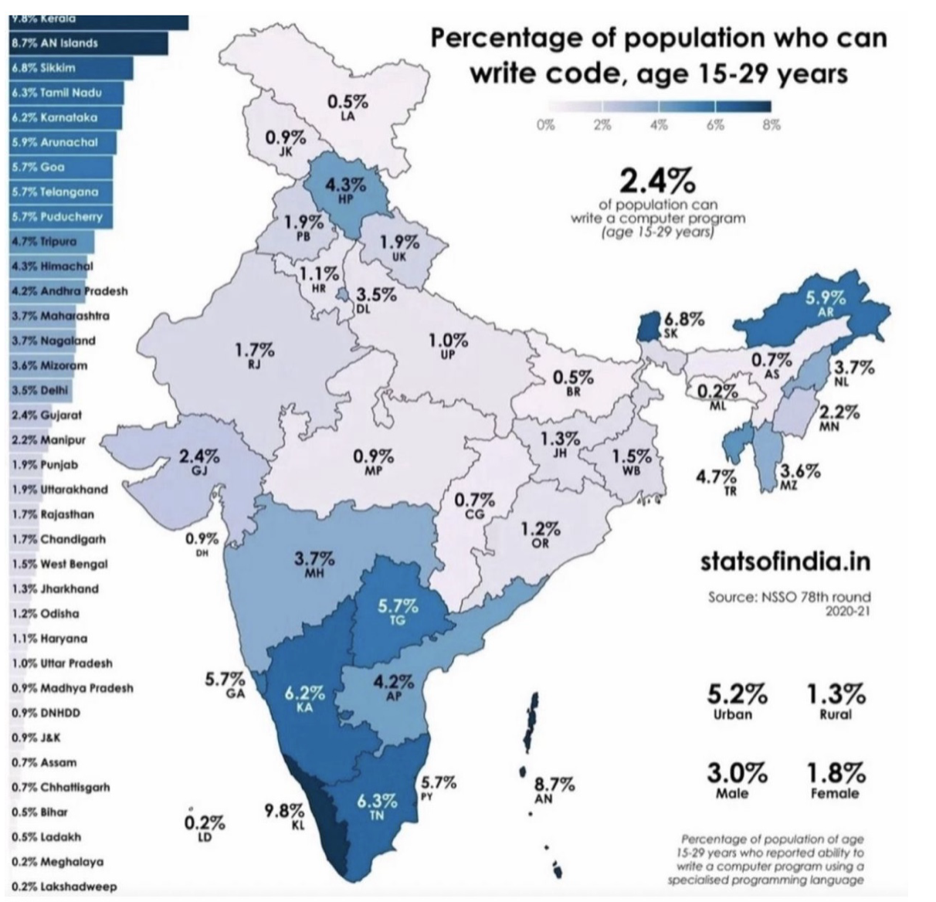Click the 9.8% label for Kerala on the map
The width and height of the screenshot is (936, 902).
284,816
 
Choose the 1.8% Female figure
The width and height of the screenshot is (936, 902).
836,779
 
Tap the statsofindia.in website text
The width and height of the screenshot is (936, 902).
785,561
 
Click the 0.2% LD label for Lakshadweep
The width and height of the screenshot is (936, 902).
205,826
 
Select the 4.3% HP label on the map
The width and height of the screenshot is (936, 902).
345,190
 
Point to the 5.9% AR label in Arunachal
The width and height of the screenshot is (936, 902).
825,302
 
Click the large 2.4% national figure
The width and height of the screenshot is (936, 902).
657,182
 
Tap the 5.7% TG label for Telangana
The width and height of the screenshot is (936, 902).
398,610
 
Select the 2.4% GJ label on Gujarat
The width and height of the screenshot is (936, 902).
199,460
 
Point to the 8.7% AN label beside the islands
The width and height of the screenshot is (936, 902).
554,789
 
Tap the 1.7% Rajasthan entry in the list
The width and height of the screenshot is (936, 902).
53,514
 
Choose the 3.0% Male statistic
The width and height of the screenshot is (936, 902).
737,779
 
